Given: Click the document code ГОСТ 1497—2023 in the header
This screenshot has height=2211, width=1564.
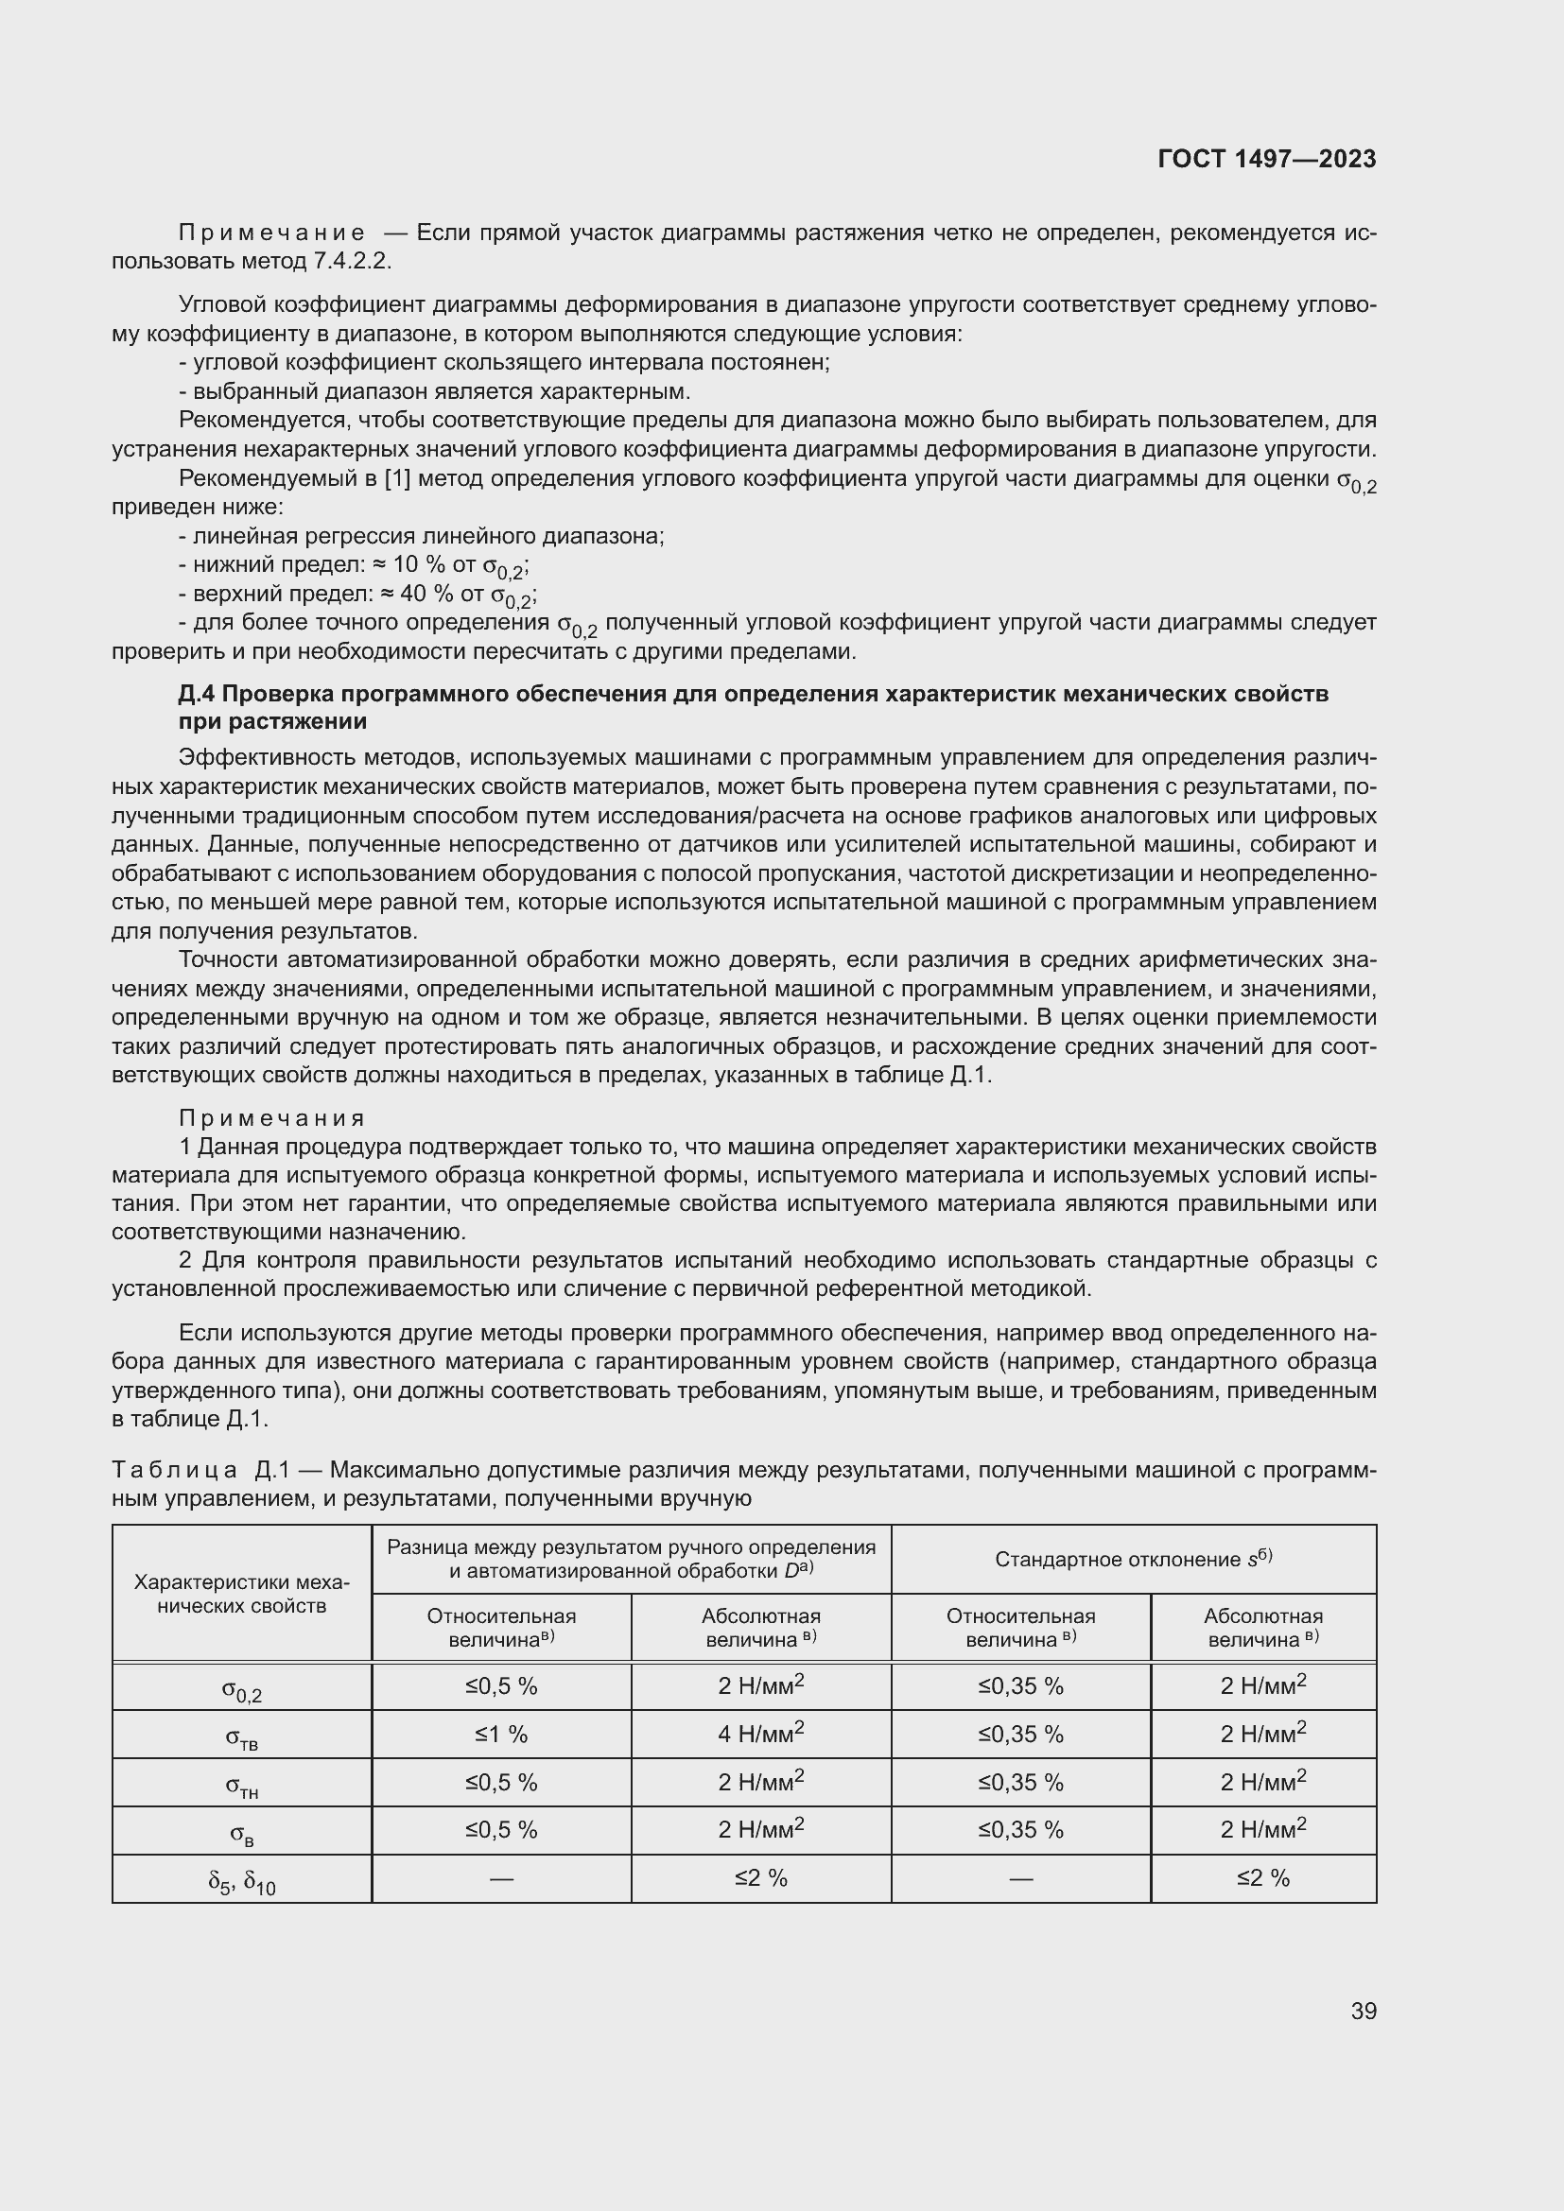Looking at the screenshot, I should pos(1266,159).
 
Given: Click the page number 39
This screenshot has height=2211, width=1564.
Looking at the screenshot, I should pos(1363,2011).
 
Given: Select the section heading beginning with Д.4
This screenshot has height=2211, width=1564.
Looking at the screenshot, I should pos(753,708).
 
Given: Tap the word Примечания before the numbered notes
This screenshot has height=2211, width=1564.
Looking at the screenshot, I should pos(271,1118).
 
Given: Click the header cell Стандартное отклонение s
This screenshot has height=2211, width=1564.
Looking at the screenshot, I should pos(1133,1559).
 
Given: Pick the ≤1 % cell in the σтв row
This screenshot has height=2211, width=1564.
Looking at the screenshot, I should pos(501,1735).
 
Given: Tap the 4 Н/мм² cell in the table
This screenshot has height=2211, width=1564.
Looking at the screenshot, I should pos(761,1735).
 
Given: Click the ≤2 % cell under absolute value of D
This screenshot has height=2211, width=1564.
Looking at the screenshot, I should pos(761,1878).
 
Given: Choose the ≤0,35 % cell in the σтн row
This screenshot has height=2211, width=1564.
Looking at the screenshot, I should pos(1021,1783).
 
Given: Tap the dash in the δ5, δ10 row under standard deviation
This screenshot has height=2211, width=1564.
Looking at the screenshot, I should pos(1021,1878).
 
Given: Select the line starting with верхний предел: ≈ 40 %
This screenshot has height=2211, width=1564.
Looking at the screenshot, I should pos(358,596).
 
